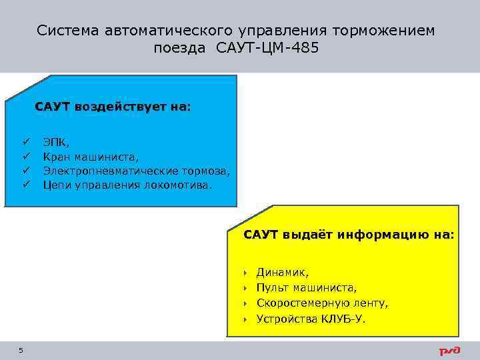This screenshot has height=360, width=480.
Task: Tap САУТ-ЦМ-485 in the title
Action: click(272, 48)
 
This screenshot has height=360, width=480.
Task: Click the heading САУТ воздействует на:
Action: click(113, 107)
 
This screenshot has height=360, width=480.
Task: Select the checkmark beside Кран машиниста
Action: click(26, 157)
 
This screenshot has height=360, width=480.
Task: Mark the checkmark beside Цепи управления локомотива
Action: click(26, 185)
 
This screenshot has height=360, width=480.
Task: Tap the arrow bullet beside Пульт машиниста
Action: click(245, 288)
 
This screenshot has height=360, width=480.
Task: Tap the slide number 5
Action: click(21, 351)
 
